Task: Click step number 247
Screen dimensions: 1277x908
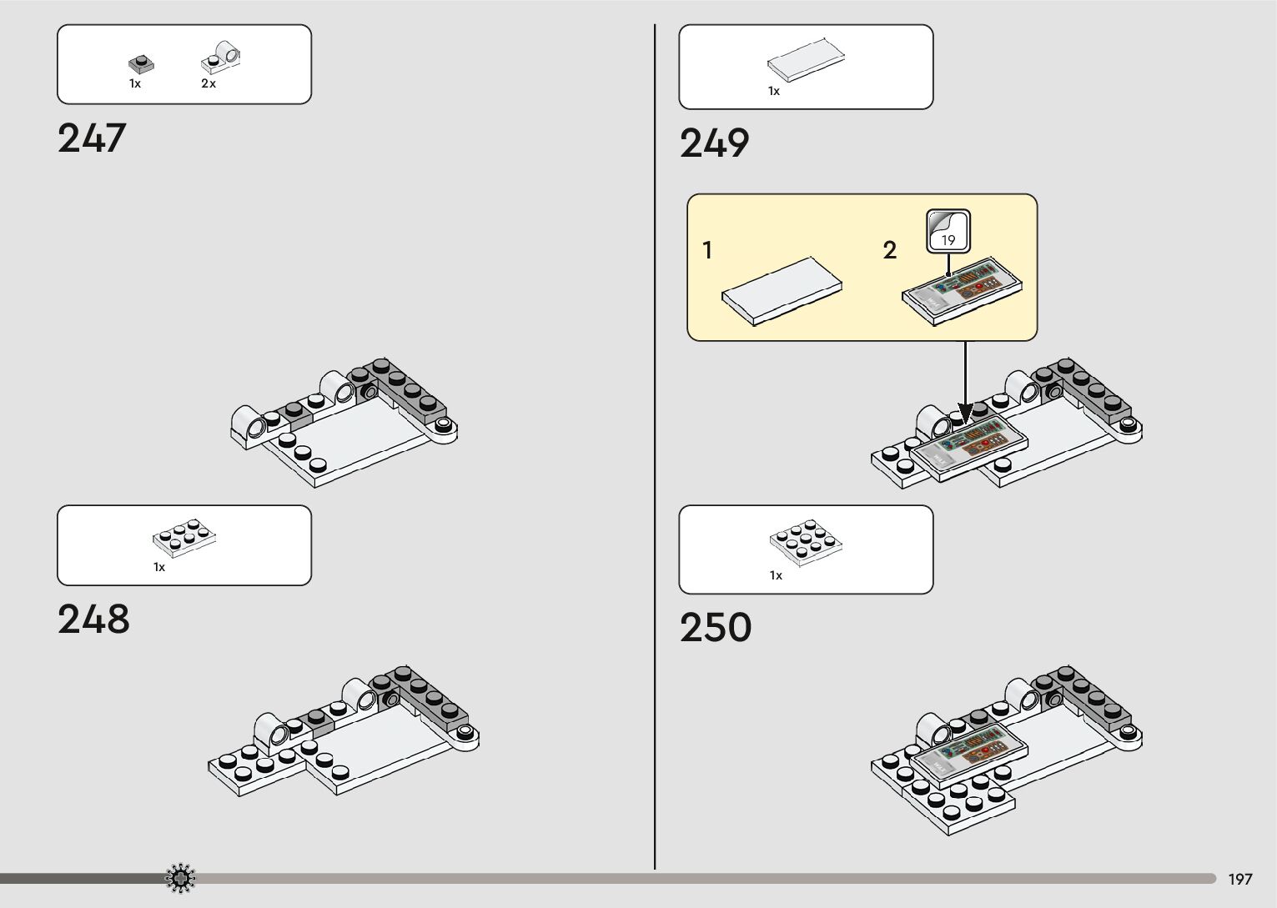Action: click(92, 138)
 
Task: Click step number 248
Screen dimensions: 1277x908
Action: click(93, 620)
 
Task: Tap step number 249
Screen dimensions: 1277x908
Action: click(715, 143)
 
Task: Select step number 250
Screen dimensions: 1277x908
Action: click(716, 628)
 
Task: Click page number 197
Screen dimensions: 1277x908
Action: click(1239, 880)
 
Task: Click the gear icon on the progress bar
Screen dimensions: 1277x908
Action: click(180, 878)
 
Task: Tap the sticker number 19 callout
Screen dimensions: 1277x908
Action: click(948, 231)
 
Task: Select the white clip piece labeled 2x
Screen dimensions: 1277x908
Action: click(220, 57)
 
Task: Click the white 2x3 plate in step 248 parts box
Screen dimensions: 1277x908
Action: click(184, 539)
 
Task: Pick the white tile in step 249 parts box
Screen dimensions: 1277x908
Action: click(806, 63)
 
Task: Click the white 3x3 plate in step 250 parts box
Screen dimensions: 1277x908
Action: click(805, 542)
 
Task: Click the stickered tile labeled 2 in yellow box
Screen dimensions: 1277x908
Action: click(963, 287)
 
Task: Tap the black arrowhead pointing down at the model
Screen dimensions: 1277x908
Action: click(965, 414)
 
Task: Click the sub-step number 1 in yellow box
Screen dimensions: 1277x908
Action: click(707, 250)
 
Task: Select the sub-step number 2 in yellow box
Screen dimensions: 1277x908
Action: click(889, 250)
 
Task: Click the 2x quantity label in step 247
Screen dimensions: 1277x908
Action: click(209, 84)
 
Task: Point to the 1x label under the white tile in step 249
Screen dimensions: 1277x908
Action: click(774, 92)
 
